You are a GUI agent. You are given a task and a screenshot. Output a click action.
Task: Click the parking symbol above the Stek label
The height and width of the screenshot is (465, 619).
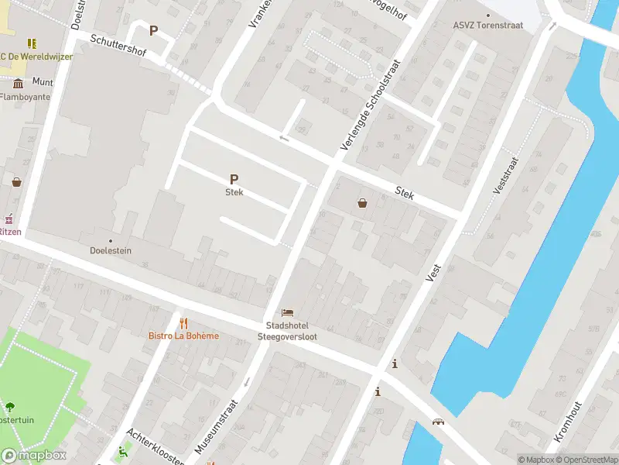point(234,179)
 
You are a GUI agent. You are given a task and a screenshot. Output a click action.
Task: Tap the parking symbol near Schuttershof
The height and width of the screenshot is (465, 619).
point(153,31)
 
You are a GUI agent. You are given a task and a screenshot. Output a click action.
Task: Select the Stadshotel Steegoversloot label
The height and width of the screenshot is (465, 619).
point(287,331)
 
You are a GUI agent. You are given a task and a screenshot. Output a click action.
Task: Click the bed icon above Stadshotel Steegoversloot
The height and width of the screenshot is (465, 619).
point(287,312)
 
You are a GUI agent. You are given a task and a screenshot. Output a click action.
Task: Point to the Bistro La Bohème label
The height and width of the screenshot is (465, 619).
point(183,336)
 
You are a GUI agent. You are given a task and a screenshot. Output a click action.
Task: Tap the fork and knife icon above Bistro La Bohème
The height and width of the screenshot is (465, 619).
point(183,322)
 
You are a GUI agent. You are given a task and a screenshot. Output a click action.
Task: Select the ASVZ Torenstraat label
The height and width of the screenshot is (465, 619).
point(487,25)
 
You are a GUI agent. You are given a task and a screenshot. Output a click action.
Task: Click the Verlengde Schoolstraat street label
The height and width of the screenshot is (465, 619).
point(371,105)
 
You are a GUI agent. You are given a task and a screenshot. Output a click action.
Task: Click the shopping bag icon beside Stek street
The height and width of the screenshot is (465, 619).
point(362,203)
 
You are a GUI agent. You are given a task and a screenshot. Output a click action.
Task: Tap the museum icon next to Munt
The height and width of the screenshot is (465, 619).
point(18,81)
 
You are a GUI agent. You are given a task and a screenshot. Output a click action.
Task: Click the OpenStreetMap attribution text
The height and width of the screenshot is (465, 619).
point(585,460)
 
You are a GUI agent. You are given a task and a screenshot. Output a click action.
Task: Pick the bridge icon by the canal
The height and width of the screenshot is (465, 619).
point(439,422)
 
